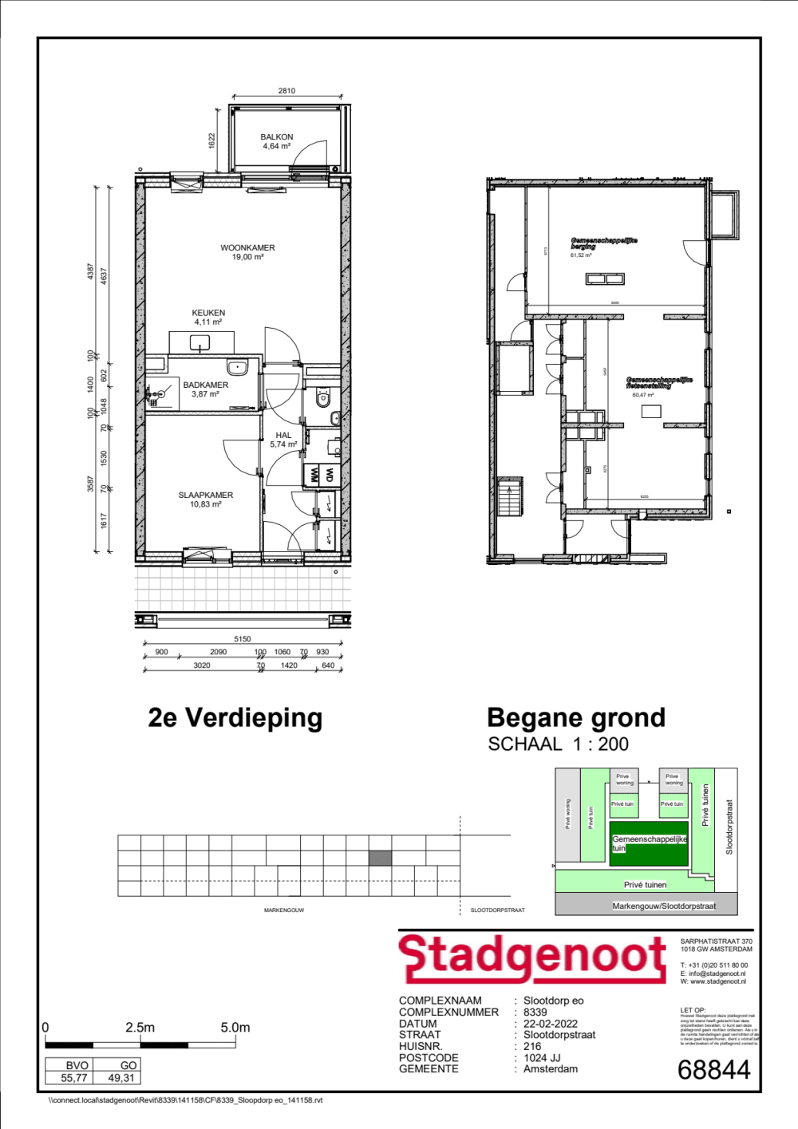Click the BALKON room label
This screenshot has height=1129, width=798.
pyautogui.click(x=277, y=137)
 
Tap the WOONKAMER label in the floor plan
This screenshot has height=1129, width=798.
pyautogui.click(x=247, y=248)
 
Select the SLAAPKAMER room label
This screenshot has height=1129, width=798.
pyautogui.click(x=206, y=495)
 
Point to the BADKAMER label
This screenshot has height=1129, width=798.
pyautogui.click(x=205, y=385)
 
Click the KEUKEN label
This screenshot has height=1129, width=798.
pyautogui.click(x=208, y=314)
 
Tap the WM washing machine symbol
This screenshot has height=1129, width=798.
pyautogui.click(x=313, y=475)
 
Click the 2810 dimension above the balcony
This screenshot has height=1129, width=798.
pyautogui.click(x=286, y=91)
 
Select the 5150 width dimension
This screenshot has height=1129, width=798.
pyautogui.click(x=243, y=639)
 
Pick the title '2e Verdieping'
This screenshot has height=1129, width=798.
pyautogui.click(x=235, y=718)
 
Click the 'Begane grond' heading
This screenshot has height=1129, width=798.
pyautogui.click(x=575, y=718)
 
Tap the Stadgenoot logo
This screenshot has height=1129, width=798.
pyautogui.click(x=533, y=957)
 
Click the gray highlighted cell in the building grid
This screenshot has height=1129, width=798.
pyautogui.click(x=380, y=859)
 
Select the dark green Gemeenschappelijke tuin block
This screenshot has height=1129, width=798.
pyautogui.click(x=650, y=849)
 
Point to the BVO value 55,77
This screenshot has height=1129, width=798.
pyautogui.click(x=74, y=1078)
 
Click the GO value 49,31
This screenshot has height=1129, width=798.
pyautogui.click(x=121, y=1078)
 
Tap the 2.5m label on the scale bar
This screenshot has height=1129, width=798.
pyautogui.click(x=140, y=1028)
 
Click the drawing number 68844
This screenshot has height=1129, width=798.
pyautogui.click(x=714, y=1070)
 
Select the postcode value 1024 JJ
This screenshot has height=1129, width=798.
pyautogui.click(x=542, y=1058)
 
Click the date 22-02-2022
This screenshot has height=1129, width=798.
pyautogui.click(x=551, y=1024)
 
